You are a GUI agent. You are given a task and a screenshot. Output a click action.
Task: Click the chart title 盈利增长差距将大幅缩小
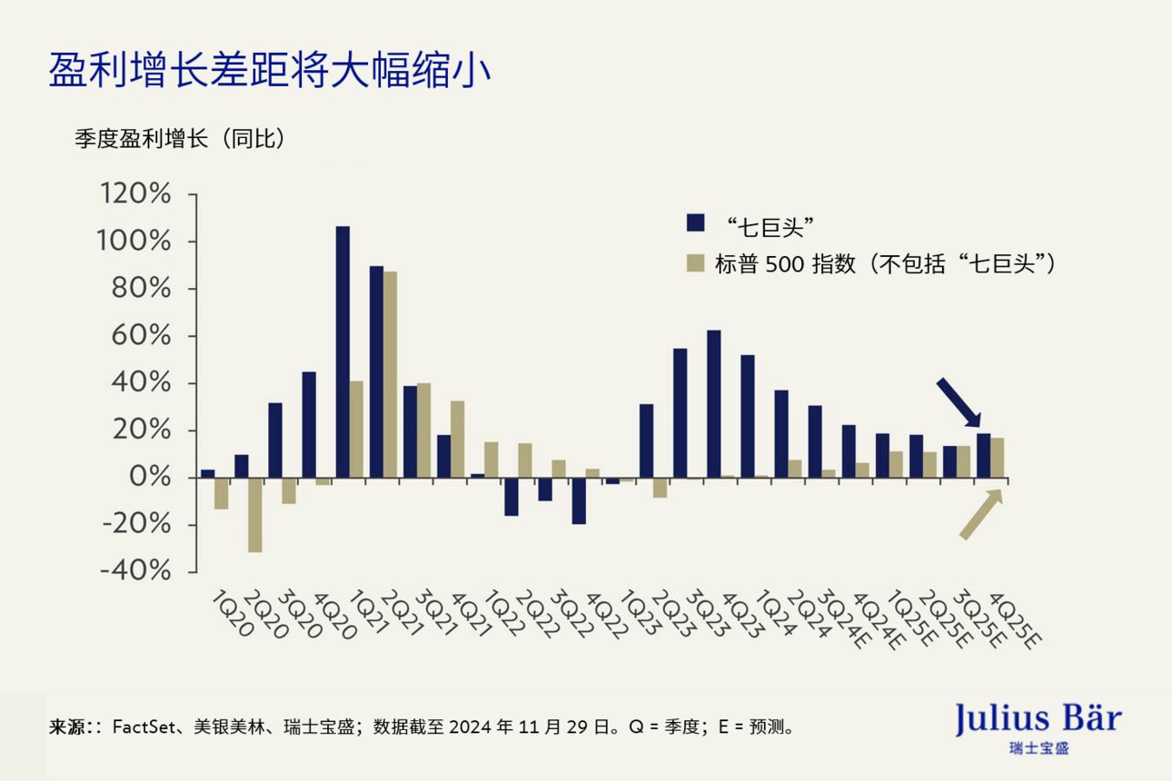[x=269, y=70]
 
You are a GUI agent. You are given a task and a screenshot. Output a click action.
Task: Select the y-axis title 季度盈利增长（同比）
[x=180, y=139]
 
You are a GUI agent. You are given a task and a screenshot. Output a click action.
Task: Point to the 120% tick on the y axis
[x=135, y=194]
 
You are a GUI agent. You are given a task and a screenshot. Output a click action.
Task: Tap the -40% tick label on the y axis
[x=135, y=571]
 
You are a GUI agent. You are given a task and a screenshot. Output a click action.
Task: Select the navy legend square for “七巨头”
[x=695, y=223]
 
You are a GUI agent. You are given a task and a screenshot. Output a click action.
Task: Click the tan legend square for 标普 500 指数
[x=695, y=263]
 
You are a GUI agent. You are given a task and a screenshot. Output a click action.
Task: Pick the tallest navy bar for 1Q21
[x=343, y=351]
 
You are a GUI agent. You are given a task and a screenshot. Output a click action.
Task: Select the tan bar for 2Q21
[x=391, y=375]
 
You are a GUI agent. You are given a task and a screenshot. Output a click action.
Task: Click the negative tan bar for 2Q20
[x=255, y=515]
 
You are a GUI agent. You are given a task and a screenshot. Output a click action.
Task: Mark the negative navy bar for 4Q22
[x=579, y=501]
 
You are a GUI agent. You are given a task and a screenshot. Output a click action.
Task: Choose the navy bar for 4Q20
[x=309, y=425]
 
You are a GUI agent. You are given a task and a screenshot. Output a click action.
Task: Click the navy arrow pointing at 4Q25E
[x=958, y=402]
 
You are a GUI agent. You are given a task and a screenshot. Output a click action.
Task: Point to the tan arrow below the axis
[x=981, y=515]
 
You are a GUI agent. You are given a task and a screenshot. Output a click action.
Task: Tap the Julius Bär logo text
[x=1037, y=719]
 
